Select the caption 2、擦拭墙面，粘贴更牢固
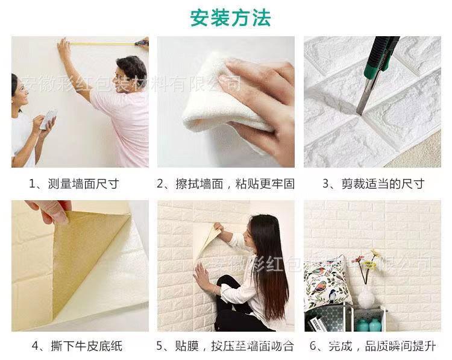pos(226,184)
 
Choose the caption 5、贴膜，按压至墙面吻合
pos(226,346)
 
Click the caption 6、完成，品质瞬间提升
pos(372,346)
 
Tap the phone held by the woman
pos(48,118)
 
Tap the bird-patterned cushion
pos(328,283)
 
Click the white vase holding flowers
pos(366,297)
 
